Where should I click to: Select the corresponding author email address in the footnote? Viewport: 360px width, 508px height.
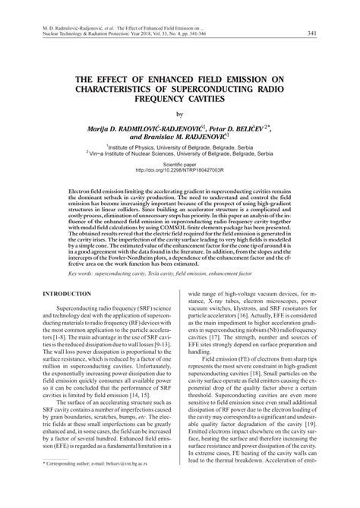pyautogui.click(x=140, y=483)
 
